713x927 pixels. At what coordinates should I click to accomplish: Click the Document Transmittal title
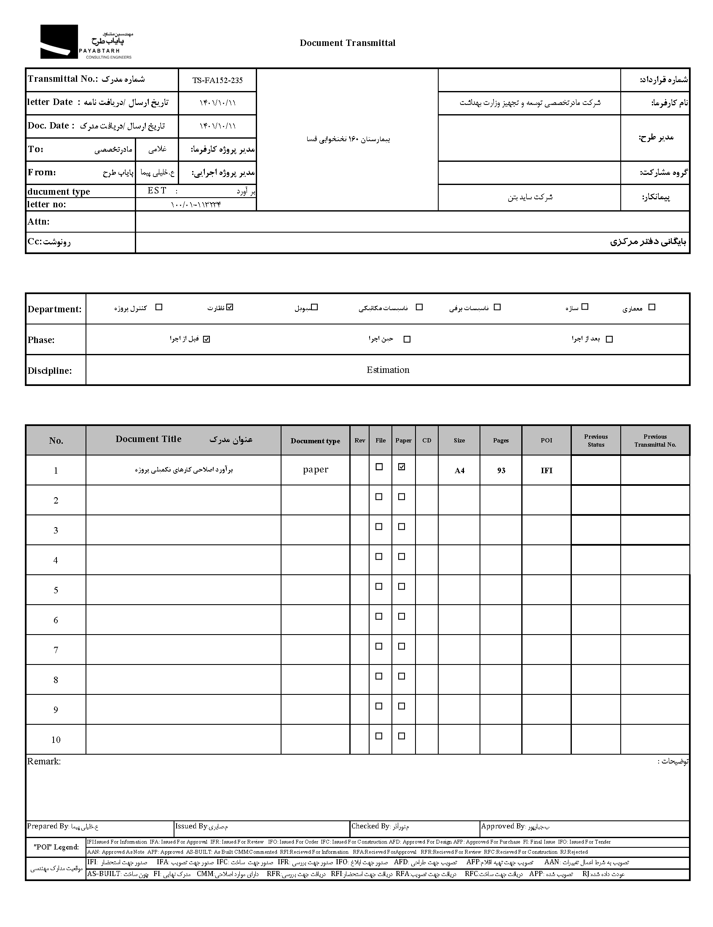pos(347,43)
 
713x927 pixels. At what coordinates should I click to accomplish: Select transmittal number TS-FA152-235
pos(217,80)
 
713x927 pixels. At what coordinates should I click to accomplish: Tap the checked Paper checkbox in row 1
pos(402,467)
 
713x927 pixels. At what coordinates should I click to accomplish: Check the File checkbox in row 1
pos(379,467)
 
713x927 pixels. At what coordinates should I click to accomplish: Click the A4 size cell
pos(459,471)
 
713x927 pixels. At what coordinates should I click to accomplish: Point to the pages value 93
pos(501,471)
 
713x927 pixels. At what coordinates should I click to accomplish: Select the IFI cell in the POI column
pos(546,471)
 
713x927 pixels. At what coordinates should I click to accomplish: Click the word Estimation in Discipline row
pos(388,370)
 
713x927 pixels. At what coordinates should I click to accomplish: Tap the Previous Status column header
pos(595,440)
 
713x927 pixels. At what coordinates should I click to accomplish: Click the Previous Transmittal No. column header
pos(655,440)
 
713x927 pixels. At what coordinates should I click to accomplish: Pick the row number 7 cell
pos(56,650)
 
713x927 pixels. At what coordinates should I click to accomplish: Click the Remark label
pos(44,761)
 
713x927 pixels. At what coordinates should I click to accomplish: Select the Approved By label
pos(503,826)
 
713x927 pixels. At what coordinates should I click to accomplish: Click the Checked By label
pos(370,826)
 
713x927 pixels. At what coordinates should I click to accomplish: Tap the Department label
pos(54,309)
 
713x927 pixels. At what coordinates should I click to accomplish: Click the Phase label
pos(41,340)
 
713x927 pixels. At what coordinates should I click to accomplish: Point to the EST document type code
pos(157,191)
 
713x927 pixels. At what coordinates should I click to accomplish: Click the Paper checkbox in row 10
pos(402,736)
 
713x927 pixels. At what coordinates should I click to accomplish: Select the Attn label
pos(39,222)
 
